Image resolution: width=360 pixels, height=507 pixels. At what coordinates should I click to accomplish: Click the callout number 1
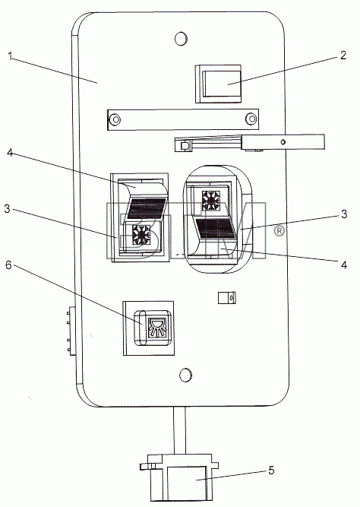[x=11, y=56]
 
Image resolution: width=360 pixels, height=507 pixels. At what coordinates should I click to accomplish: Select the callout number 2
[x=343, y=55]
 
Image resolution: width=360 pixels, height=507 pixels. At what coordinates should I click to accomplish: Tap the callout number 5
[x=271, y=471]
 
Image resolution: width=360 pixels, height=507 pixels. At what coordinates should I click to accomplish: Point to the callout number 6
[x=8, y=265]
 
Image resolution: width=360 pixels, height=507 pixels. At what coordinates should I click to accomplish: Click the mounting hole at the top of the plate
[x=182, y=39]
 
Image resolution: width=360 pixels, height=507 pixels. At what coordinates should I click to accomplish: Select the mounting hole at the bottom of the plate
[x=186, y=375]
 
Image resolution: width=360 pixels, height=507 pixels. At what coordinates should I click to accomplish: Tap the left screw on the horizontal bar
[x=115, y=119]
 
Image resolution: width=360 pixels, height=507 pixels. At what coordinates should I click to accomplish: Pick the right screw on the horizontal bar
[x=251, y=119]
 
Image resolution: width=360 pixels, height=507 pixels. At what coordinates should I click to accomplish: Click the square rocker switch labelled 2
[x=218, y=84]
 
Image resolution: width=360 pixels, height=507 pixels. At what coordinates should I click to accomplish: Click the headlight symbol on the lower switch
[x=156, y=327]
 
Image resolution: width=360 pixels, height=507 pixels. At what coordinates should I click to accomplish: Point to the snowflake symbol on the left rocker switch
[x=142, y=234]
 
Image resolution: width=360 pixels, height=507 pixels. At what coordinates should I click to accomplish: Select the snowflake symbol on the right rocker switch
[x=210, y=200]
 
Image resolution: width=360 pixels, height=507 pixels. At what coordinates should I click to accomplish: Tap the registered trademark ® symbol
[x=279, y=230]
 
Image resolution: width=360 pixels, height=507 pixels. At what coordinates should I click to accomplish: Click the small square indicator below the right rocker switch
[x=227, y=297]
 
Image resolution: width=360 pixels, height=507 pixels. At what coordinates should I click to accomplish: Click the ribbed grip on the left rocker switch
[x=147, y=208]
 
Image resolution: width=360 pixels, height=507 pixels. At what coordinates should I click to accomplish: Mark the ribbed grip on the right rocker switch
[x=215, y=229]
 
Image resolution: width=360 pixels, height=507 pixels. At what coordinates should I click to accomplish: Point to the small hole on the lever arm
[x=283, y=142]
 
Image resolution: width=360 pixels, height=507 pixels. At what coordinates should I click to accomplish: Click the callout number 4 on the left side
[x=10, y=152]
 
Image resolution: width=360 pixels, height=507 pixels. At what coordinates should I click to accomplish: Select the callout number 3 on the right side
[x=344, y=214]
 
